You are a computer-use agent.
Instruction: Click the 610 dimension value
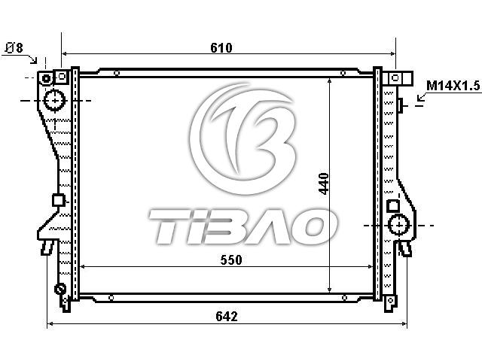[221, 48]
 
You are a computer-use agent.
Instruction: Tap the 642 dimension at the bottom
[227, 316]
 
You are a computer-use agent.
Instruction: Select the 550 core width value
[231, 260]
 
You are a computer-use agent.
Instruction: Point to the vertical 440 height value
[324, 184]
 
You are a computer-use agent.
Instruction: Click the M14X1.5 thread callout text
[453, 86]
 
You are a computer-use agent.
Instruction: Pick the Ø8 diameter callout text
[14, 48]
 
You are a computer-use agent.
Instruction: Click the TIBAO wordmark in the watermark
[243, 226]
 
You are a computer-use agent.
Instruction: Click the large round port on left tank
[55, 100]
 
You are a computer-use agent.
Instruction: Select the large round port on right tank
[398, 225]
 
